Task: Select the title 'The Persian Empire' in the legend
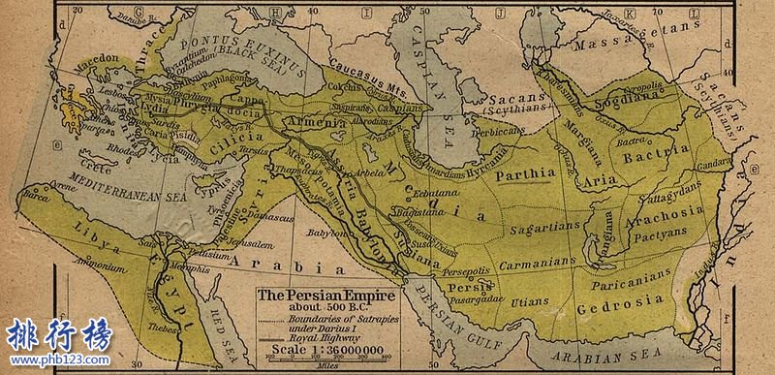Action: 313,295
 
